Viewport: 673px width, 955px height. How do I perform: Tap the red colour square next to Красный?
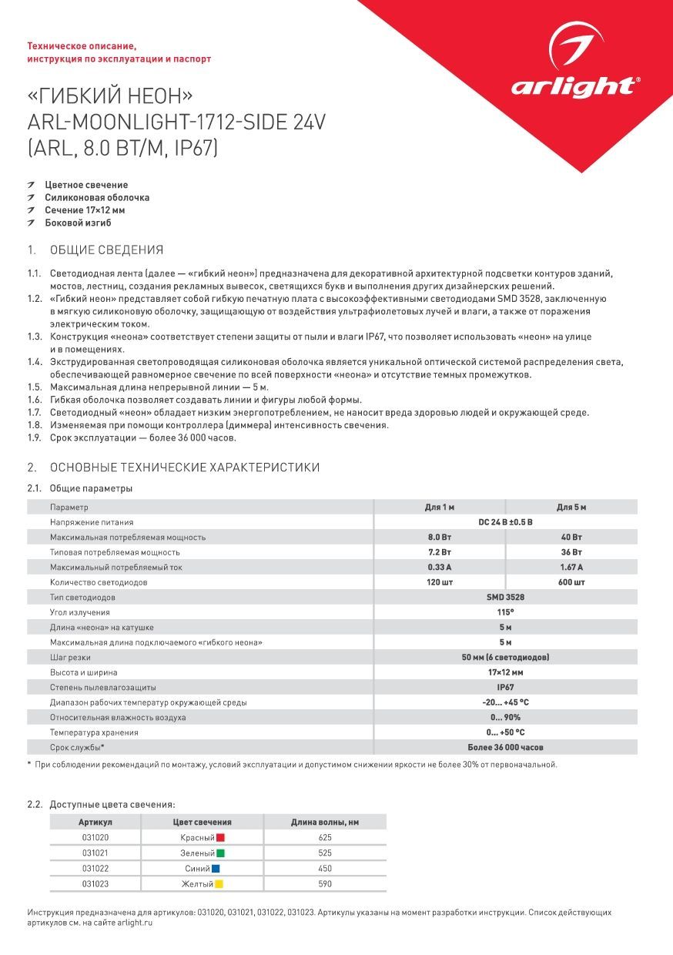coord(219,837)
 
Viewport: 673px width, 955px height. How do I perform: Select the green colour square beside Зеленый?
coord(220,853)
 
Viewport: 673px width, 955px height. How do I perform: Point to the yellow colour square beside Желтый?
coord(219,884)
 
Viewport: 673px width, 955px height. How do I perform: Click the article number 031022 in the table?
coord(95,869)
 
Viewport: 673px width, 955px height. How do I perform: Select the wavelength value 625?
coord(324,837)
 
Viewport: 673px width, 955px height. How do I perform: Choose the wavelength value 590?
coord(324,884)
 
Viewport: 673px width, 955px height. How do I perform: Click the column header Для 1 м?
coord(440,508)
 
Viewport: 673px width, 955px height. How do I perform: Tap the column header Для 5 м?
coord(571,508)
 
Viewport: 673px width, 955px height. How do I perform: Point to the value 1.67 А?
coord(571,568)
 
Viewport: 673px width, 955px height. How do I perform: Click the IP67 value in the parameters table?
coord(505,687)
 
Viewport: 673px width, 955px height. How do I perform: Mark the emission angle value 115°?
coord(505,612)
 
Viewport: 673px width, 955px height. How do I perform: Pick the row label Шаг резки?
coord(70,658)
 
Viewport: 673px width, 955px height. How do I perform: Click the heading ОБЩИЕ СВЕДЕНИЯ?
coord(106,250)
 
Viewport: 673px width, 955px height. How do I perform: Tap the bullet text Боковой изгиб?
coord(78,223)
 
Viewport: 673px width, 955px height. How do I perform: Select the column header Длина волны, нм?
coord(324,823)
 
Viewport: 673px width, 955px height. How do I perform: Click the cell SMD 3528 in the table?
coord(505,598)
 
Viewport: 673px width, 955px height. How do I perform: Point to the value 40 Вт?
coord(571,538)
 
